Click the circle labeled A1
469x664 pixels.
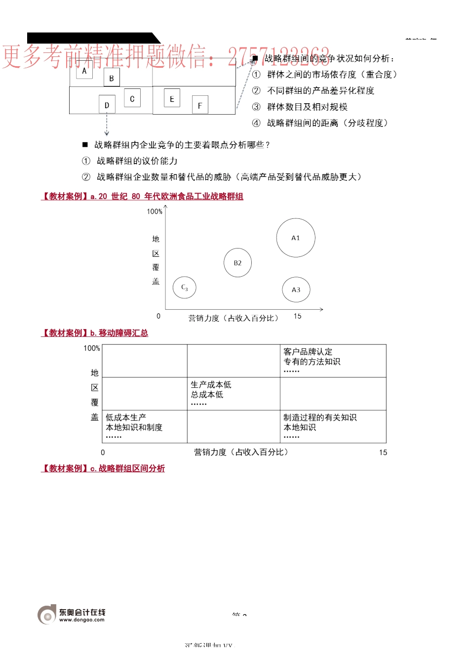coord(295,238)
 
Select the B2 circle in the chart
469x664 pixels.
coord(237,263)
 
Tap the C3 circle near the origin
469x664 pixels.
coord(185,287)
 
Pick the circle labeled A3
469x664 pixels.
coord(296,290)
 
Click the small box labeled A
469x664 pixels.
coord(84,71)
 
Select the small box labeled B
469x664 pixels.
coord(112,78)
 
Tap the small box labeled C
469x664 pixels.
coord(132,98)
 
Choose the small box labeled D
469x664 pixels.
coord(107,105)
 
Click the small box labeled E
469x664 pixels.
coord(172,98)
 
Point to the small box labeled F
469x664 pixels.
coord(199,105)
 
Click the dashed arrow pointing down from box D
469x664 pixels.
coord(107,124)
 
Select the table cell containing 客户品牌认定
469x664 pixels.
coord(333,361)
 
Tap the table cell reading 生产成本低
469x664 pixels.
coord(233,394)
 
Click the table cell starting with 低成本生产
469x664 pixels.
coord(144,426)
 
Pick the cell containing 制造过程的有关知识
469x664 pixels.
coord(333,426)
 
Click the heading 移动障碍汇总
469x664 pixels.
coord(123,333)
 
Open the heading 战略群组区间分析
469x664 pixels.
coord(131,468)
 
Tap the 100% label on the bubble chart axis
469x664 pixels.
coord(155,211)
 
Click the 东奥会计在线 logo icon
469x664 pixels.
coord(47,615)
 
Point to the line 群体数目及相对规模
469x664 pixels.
coord(307,107)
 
